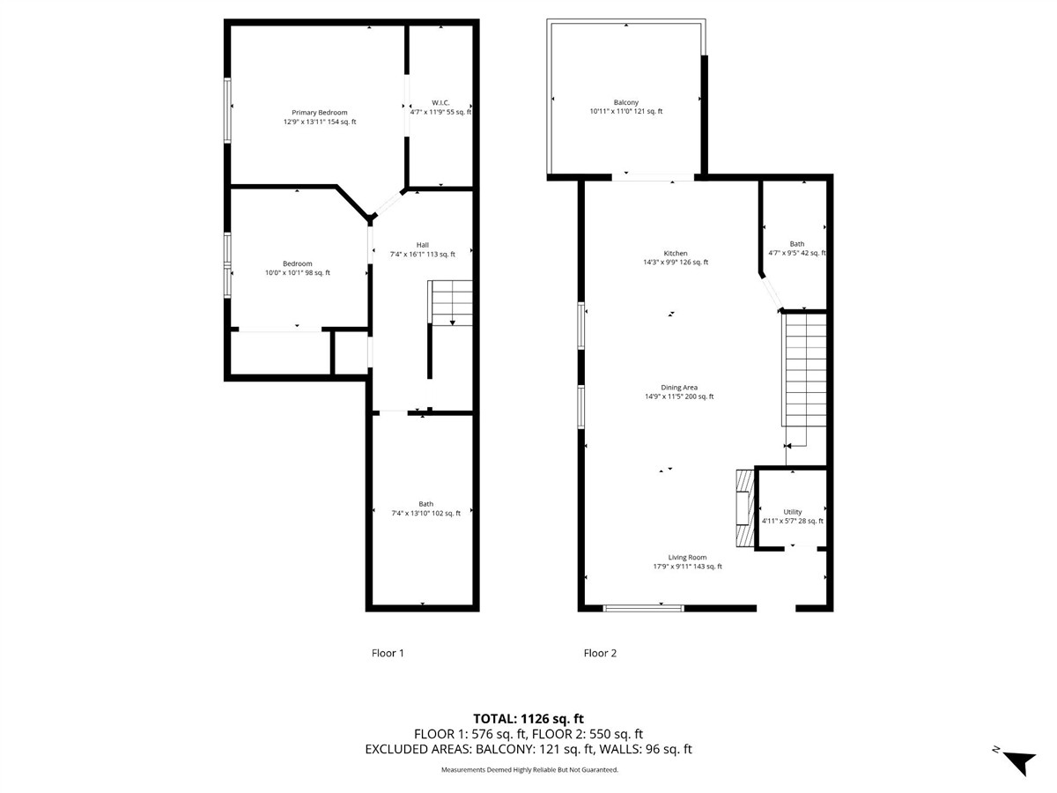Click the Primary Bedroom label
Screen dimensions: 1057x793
point(319,113)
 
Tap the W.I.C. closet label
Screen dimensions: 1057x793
point(440,102)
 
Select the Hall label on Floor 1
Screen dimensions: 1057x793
point(422,245)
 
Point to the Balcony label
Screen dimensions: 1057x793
point(625,102)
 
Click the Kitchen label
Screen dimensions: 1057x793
point(675,253)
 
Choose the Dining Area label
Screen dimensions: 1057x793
point(679,388)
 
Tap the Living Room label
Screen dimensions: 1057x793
point(687,558)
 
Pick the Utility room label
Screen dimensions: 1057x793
point(792,512)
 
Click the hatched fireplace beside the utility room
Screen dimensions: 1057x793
point(744,508)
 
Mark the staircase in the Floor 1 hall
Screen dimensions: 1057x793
point(450,303)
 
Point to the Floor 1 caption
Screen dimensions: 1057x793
point(388,653)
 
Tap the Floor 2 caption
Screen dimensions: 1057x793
point(600,653)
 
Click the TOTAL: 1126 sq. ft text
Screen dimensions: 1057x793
point(528,719)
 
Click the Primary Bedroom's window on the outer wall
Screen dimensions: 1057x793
point(227,110)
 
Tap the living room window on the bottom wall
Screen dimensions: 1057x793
point(643,608)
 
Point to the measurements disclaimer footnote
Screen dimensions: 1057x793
point(529,770)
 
